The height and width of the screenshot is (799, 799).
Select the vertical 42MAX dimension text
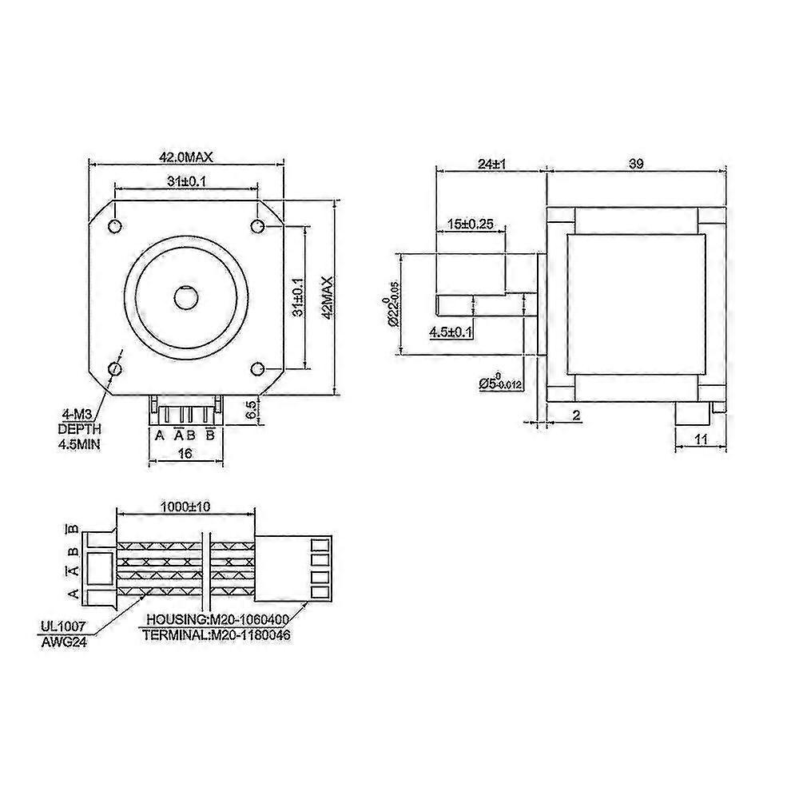[325, 297]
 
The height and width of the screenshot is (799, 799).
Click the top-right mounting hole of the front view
[258, 226]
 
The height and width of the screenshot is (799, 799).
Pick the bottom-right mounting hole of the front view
[258, 368]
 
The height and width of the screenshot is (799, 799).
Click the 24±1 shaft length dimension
[490, 164]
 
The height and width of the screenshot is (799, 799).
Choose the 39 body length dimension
[636, 164]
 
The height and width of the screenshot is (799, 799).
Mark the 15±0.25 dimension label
[471, 225]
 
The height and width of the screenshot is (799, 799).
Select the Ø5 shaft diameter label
[500, 383]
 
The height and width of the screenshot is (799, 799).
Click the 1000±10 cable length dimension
[185, 507]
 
